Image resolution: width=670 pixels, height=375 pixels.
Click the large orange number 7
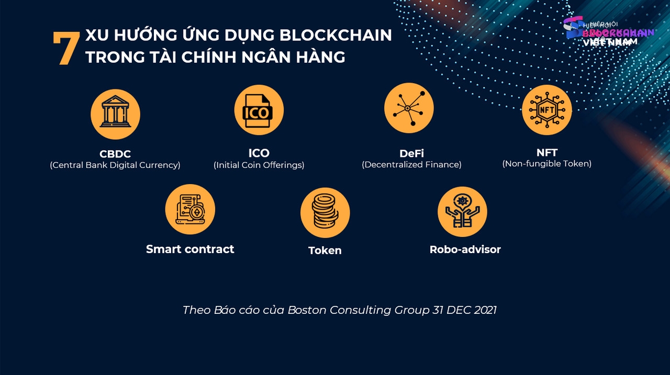(66, 49)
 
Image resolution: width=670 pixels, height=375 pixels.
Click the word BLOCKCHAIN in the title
(336, 35)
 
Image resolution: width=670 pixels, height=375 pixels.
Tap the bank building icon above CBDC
(115, 114)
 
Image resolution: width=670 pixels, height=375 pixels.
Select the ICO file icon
(259, 110)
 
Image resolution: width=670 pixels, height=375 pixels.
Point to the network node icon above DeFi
(409, 108)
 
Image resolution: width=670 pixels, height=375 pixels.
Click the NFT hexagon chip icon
(546, 110)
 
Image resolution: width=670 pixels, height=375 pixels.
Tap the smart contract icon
(190, 209)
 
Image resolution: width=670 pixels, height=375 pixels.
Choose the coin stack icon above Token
(325, 213)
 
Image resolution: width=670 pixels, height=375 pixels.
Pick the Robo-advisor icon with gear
(462, 211)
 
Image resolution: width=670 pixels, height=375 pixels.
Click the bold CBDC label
(115, 154)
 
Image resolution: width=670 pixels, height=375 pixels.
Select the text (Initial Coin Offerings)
(259, 165)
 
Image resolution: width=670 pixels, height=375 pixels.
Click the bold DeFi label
(411, 153)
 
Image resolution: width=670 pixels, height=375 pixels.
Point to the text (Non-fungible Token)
(546, 164)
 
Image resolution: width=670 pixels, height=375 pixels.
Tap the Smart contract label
(190, 249)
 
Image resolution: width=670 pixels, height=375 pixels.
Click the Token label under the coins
(325, 251)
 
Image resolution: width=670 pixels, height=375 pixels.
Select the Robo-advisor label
(465, 249)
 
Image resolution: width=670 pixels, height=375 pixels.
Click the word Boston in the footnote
(307, 310)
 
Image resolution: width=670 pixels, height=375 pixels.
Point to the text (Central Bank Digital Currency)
(115, 165)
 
